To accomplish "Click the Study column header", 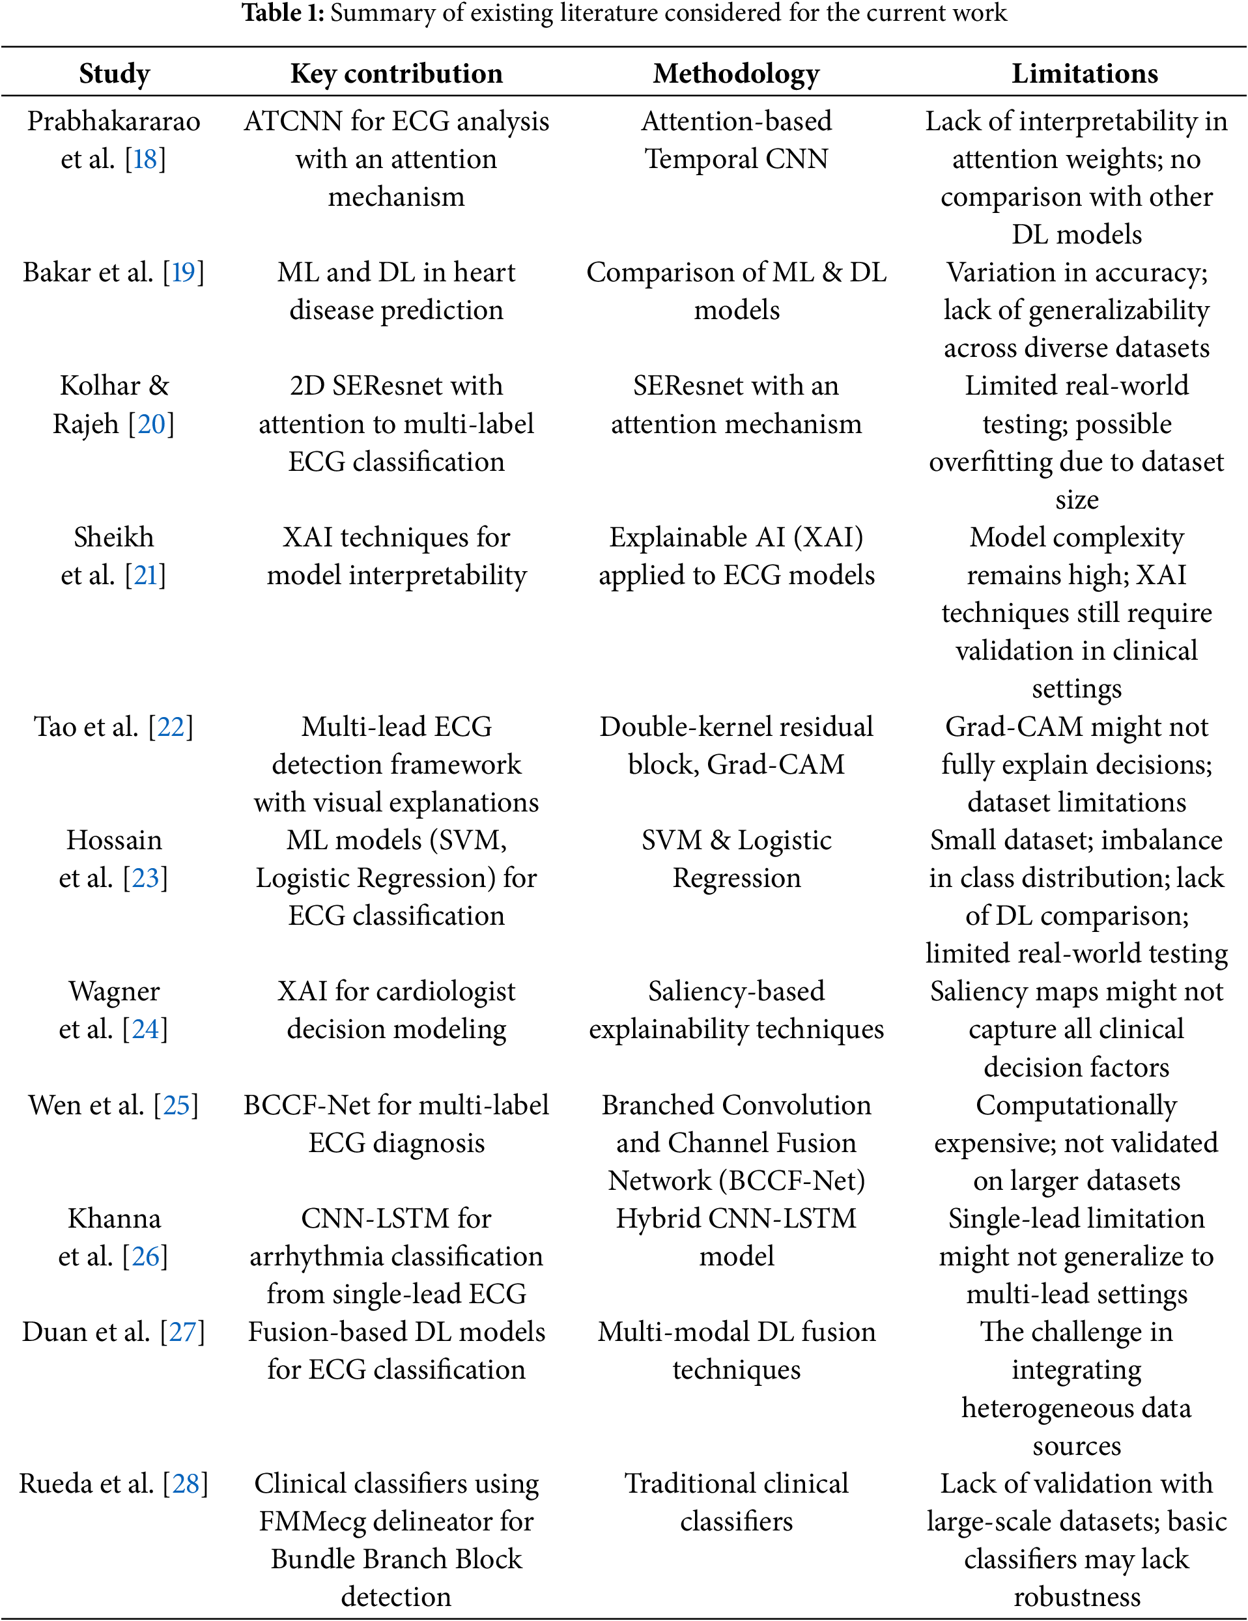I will [115, 74].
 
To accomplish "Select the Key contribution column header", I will [397, 74].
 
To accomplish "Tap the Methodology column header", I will [736, 74].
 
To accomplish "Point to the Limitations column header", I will [1084, 74].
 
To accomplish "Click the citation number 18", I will [145, 159].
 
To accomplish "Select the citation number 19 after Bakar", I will [184, 272].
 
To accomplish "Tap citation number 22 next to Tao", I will [171, 727].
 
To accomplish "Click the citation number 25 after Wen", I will [176, 1105].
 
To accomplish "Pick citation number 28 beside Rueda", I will [186, 1484].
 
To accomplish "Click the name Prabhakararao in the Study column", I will [113, 121].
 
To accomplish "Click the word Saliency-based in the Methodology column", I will [736, 992].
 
